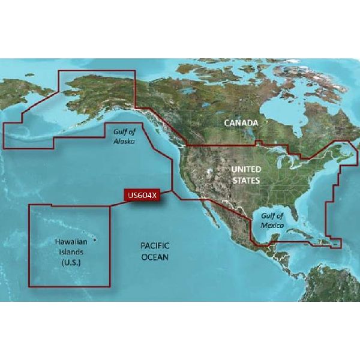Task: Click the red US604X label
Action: [142, 195]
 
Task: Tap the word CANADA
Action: [241, 123]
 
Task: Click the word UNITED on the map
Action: [246, 170]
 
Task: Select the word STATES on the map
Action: [246, 180]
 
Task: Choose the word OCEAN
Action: [155, 257]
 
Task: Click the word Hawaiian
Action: [67, 242]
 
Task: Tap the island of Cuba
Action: [306, 233]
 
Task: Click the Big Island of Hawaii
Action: [95, 241]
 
